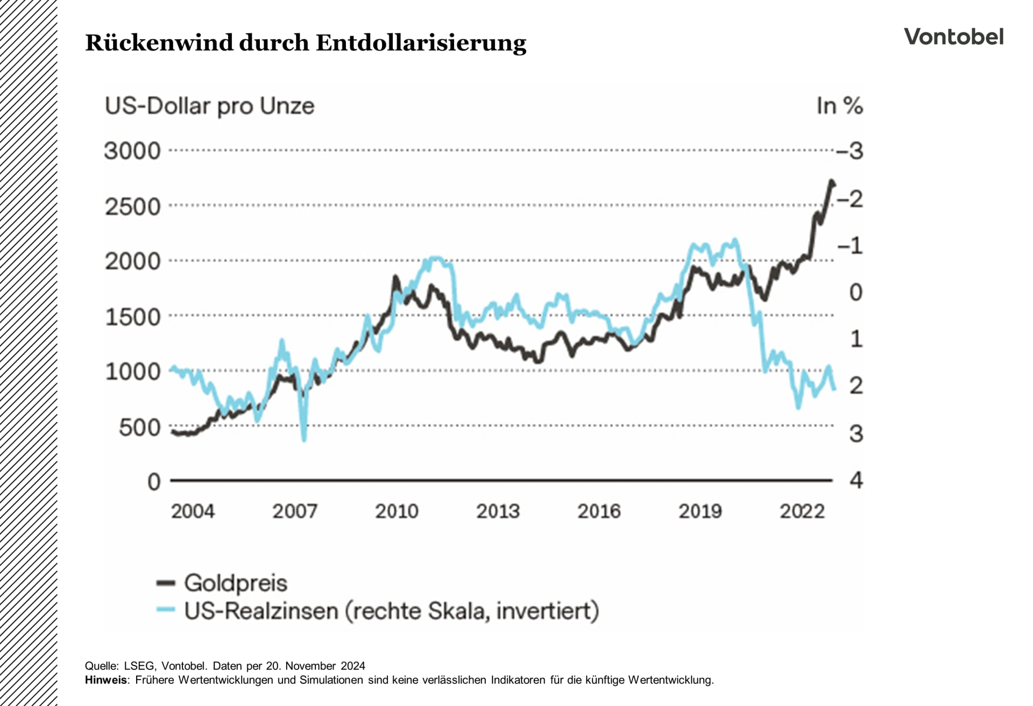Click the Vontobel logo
click(953, 37)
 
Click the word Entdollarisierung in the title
click(421, 43)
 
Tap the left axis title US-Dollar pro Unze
click(209, 106)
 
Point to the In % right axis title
click(839, 106)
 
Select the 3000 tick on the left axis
click(132, 151)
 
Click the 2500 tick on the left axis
click(132, 206)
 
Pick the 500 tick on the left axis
click(140, 427)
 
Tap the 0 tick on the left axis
click(154, 482)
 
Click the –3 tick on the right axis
click(850, 151)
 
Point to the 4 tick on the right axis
click(856, 480)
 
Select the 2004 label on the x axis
click(193, 511)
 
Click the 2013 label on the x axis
click(498, 511)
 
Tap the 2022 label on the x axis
click(802, 511)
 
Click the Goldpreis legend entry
click(235, 583)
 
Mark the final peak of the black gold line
click(831, 182)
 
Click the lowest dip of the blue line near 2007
click(304, 439)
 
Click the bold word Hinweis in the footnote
click(106, 680)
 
